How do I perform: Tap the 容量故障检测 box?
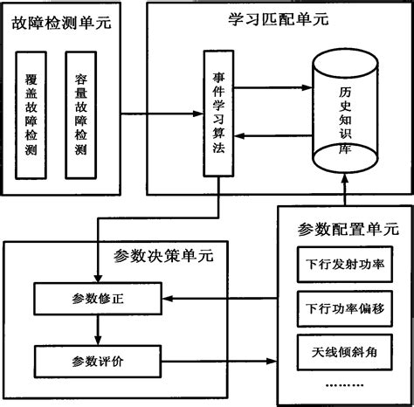(81, 114)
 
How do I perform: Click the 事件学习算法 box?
(218, 114)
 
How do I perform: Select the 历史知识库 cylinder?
(347, 114)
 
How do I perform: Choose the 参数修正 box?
(99, 299)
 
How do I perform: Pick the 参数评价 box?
(99, 358)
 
